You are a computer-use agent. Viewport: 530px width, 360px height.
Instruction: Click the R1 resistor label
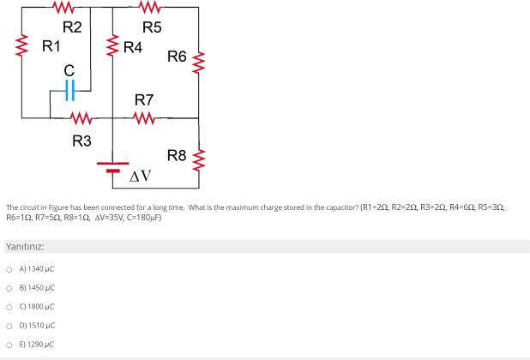[51, 45]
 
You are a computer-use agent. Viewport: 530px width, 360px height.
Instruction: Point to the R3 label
[81, 141]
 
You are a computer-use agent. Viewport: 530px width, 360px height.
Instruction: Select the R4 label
[132, 46]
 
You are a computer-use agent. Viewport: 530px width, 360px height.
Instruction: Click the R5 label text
[152, 27]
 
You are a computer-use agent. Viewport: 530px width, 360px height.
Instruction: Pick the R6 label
[178, 57]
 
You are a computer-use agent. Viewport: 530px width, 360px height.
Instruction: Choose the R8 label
[178, 155]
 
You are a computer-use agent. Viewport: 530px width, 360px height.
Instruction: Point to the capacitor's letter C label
[69, 68]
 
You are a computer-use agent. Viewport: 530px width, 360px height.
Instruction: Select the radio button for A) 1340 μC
[9, 270]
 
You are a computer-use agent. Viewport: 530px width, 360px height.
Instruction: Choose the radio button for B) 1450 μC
[9, 288]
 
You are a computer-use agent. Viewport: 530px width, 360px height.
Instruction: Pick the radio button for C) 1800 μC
[9, 307]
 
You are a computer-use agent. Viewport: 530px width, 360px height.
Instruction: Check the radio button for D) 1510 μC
[9, 325]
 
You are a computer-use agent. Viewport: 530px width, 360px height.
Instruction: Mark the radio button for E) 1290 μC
[9, 344]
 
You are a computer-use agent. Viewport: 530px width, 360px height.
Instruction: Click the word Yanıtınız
[25, 247]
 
